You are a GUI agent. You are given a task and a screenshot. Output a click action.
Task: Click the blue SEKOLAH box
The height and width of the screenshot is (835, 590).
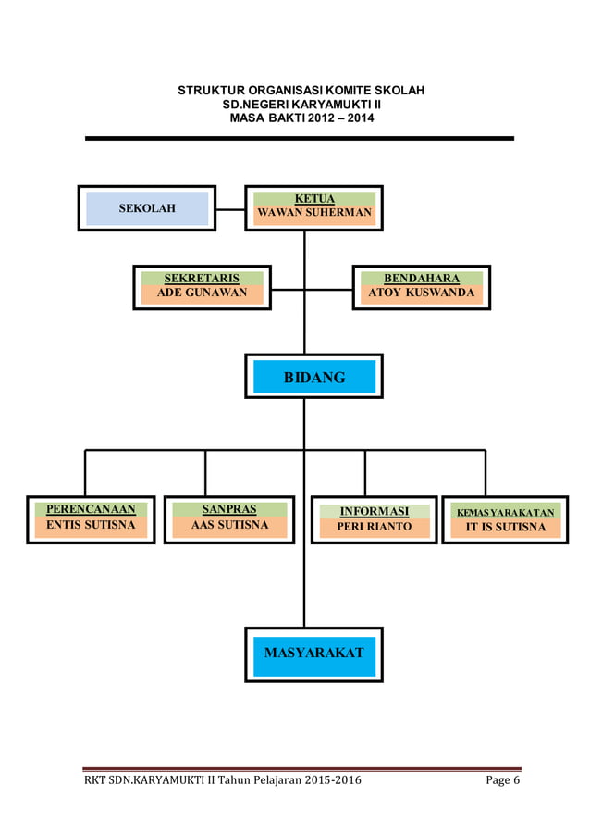coord(147,208)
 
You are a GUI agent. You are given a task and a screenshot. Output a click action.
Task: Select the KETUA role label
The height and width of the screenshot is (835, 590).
coord(314,198)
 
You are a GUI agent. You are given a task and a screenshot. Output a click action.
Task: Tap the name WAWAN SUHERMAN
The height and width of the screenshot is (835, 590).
coord(314,213)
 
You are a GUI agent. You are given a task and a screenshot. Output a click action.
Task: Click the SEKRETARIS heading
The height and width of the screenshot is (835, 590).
coord(202,278)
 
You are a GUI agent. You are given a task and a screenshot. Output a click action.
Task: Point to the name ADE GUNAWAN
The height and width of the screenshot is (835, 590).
coord(202,293)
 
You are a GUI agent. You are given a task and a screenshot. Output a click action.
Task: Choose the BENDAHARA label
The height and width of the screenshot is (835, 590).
coord(422,278)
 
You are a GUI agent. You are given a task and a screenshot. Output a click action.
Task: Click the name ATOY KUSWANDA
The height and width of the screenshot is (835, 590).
coord(422,293)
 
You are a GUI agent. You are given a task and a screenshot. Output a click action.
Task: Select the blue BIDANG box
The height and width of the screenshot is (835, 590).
coord(314,377)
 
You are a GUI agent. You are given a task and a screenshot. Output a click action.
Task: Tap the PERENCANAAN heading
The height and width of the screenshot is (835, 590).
coord(91,509)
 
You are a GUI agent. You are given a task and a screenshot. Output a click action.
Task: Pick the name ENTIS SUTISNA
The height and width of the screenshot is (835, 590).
coord(91,525)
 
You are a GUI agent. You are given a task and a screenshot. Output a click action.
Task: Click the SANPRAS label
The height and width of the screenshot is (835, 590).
coord(229,509)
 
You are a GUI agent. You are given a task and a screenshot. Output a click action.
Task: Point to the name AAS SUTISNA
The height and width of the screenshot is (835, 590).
coord(229,525)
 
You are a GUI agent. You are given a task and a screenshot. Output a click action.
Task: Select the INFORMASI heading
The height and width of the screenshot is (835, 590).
coord(375,511)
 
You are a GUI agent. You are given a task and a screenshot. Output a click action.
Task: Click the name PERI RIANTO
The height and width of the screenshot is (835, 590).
coord(375,527)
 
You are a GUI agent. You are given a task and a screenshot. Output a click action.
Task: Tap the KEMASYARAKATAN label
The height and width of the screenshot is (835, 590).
coord(505,512)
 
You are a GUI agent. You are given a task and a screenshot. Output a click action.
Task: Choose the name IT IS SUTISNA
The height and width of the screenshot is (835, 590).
coord(505,527)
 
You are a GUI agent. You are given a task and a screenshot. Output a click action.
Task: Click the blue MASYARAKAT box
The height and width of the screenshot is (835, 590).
coord(314,653)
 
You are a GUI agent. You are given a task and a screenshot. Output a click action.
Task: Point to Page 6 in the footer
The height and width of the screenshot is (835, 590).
coord(503,781)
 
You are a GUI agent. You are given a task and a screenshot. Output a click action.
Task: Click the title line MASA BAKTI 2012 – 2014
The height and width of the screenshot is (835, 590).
coord(301,119)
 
